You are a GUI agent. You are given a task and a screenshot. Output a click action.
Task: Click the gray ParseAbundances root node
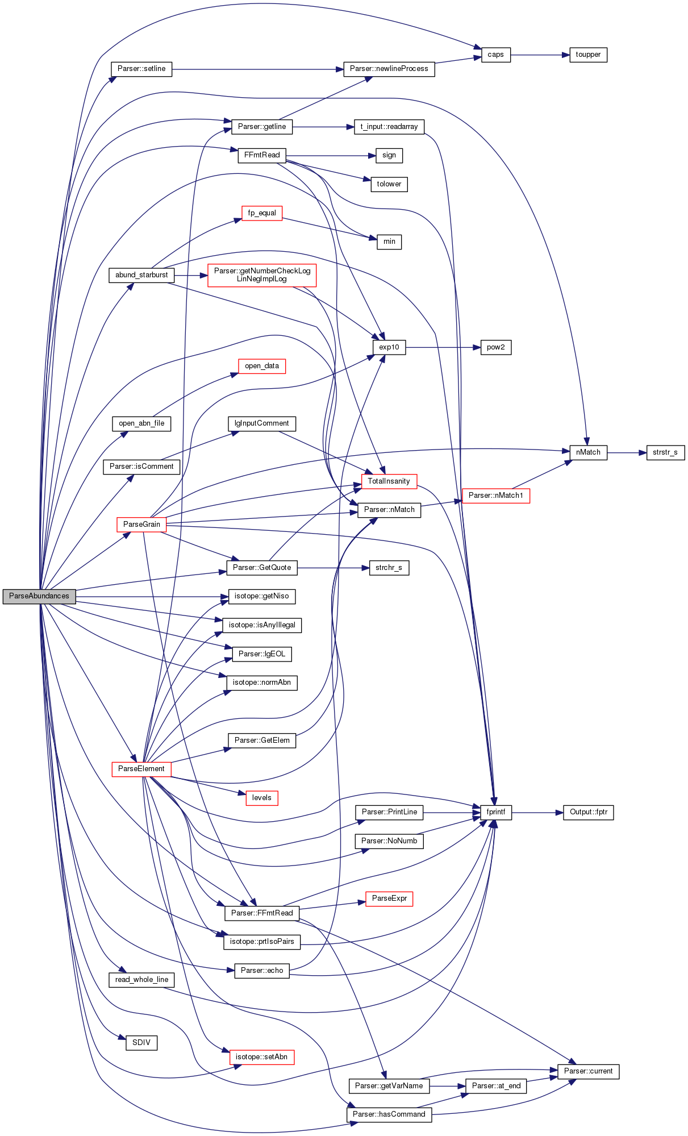(x=39, y=596)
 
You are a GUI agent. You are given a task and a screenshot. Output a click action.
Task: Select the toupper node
(x=588, y=55)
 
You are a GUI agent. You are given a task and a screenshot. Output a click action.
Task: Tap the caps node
(x=496, y=55)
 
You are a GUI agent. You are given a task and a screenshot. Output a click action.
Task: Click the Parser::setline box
(x=141, y=69)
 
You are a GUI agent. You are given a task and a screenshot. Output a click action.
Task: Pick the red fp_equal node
(x=262, y=213)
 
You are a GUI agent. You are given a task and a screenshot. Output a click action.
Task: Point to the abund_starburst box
(x=141, y=275)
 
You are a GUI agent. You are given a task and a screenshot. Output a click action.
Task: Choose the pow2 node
(x=496, y=347)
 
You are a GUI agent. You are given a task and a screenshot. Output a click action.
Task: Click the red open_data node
(x=262, y=366)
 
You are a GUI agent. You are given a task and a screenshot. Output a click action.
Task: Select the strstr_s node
(x=665, y=452)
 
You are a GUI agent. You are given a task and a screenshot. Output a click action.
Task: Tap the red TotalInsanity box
(x=389, y=481)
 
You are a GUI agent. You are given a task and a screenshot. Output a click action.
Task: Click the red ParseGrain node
(x=141, y=524)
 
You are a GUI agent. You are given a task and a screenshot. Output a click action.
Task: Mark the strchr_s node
(x=389, y=568)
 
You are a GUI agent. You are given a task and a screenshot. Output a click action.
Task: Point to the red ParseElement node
(x=141, y=769)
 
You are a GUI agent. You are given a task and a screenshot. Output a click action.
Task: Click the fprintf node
(x=496, y=812)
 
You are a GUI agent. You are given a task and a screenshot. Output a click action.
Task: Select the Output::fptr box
(x=589, y=812)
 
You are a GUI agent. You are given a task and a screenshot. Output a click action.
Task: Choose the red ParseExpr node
(x=389, y=898)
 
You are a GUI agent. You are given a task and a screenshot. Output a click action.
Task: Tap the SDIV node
(x=141, y=1043)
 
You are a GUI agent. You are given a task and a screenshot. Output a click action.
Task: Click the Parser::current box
(x=589, y=1071)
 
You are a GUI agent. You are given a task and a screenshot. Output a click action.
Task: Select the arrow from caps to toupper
(x=540, y=55)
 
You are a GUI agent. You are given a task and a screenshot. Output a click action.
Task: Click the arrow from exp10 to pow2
(x=443, y=347)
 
